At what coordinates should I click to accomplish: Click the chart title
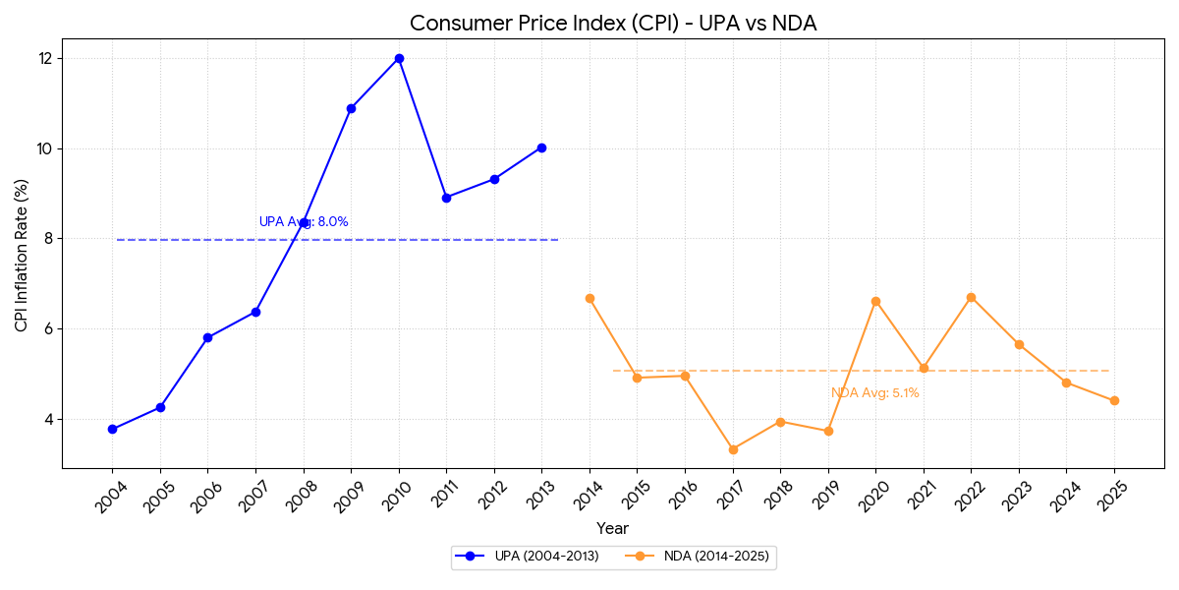[x=612, y=24]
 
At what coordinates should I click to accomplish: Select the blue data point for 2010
[x=399, y=58]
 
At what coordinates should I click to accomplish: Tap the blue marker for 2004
[x=112, y=429]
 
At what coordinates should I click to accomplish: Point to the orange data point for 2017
[x=733, y=449]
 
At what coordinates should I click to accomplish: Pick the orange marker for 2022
[x=971, y=297]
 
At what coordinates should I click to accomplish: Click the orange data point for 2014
[x=589, y=298]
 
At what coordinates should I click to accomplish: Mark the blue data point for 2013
[x=541, y=147]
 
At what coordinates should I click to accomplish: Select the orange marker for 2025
[x=1114, y=400]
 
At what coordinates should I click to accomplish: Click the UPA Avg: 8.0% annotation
[x=304, y=222]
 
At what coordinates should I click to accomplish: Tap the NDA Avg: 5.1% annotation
[x=874, y=393]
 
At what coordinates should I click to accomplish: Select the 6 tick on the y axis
[x=48, y=328]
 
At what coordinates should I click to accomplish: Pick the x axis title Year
[x=612, y=529]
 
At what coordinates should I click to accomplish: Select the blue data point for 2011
[x=446, y=198]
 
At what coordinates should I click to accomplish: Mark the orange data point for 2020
[x=875, y=301]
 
